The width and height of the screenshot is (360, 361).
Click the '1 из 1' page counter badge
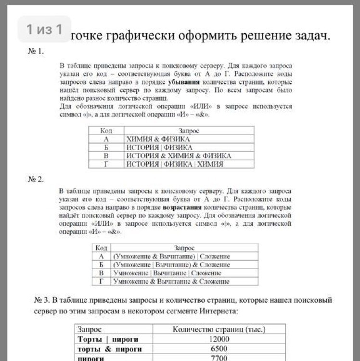click(44, 29)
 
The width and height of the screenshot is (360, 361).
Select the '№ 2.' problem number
click(36, 179)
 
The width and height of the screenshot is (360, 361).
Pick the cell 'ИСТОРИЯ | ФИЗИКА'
click(159, 147)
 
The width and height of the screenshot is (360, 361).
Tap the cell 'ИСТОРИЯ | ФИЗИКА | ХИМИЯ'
click(175, 164)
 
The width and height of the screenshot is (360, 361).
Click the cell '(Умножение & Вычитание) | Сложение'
click(171, 257)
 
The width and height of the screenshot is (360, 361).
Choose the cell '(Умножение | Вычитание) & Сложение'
click(171, 265)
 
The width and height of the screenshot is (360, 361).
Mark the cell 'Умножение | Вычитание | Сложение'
click(167, 273)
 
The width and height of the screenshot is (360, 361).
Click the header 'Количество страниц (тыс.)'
click(219, 329)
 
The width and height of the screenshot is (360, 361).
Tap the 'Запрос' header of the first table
click(189, 131)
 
